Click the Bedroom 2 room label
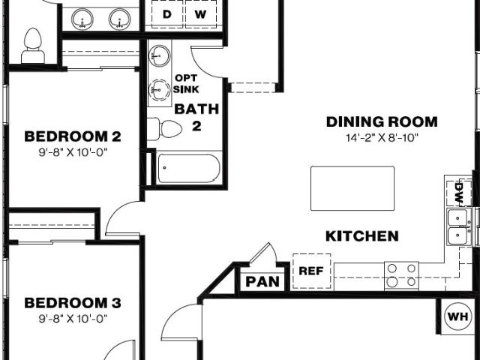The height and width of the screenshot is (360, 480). tap(73, 136)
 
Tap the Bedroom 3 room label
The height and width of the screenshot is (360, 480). tap(73, 303)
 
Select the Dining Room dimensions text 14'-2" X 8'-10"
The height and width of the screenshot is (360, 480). tap(382, 138)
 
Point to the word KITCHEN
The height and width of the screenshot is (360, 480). tap(362, 236)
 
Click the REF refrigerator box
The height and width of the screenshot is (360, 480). tap(311, 271)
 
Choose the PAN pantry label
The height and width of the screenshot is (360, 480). tap(262, 282)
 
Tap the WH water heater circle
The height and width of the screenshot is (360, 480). tap(457, 316)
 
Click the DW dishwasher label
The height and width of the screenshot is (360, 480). tap(459, 192)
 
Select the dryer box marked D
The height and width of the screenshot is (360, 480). tap(167, 14)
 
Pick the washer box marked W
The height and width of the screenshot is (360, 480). tap(201, 14)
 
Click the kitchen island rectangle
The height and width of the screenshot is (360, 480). tap(352, 188)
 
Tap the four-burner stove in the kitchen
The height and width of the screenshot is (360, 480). tap(401, 275)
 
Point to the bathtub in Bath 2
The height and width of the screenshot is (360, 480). tap(188, 168)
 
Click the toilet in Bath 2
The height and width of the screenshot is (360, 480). tap(164, 128)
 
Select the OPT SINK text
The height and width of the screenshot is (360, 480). tap(186, 83)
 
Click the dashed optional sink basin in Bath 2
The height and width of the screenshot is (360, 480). tap(160, 90)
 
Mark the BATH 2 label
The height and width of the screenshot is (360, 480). tap(196, 117)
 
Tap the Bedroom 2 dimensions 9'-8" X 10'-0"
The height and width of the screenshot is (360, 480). tap(73, 152)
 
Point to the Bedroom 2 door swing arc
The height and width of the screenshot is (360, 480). tap(118, 211)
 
